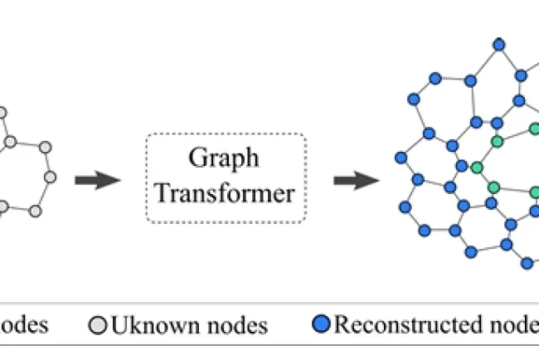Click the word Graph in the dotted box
[x=225, y=158]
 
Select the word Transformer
[x=225, y=194]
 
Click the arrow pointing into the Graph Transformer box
[x=97, y=180]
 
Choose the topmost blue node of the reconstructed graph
[x=498, y=43]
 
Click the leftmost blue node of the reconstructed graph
[x=401, y=157]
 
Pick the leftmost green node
[x=477, y=168]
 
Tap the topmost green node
[x=535, y=129]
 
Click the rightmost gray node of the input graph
[x=51, y=178]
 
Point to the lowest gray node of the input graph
[x=35, y=212]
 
